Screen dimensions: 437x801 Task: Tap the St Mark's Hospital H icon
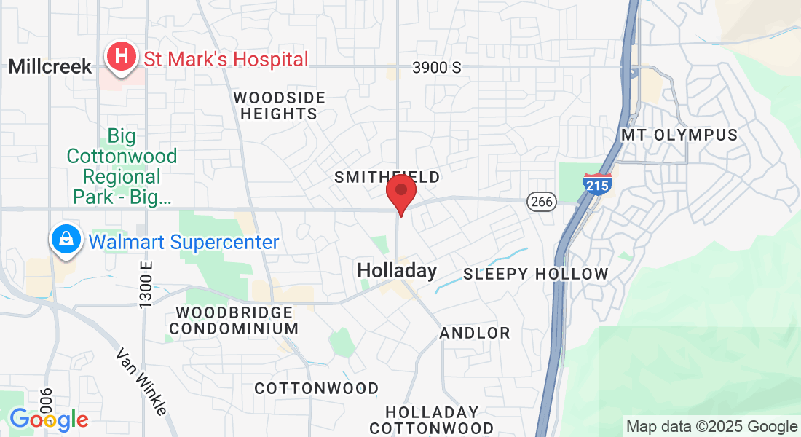[x=122, y=56]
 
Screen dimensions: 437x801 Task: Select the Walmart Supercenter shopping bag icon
[x=66, y=240]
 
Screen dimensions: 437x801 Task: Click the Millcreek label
[x=50, y=67]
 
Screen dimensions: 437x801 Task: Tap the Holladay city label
[x=397, y=272]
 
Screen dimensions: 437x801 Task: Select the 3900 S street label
[x=437, y=68]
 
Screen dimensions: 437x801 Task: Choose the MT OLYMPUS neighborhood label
[x=679, y=135]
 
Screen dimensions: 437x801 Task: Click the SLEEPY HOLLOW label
[x=535, y=275]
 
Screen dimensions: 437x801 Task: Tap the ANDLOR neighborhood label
[x=475, y=334]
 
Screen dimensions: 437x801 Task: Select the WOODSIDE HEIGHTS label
[x=279, y=106]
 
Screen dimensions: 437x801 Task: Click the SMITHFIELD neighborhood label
[x=387, y=177]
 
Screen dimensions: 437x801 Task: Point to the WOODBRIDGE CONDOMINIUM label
[x=234, y=320]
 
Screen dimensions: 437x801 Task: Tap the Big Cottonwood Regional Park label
[x=122, y=166]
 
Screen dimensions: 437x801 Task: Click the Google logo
[x=49, y=420]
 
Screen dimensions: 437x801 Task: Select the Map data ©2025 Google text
[x=711, y=427]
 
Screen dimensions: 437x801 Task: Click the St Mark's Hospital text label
[x=226, y=59]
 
